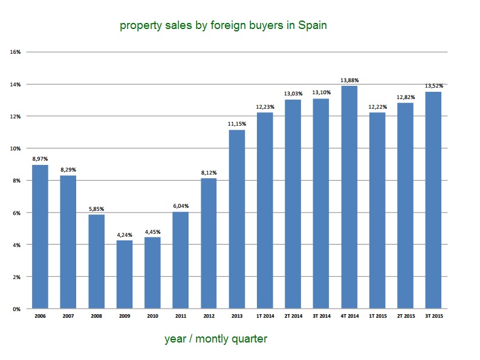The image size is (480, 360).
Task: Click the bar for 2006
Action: [x=40, y=237]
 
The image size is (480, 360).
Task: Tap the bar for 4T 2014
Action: [x=349, y=197]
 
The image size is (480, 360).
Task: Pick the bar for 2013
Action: [x=237, y=219]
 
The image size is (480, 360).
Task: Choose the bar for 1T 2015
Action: [x=377, y=210]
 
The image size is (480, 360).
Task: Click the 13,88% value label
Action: [x=349, y=80]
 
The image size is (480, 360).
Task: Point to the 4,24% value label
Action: [x=125, y=235]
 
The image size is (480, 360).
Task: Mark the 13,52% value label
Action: [x=433, y=86]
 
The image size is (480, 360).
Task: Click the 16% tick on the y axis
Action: [x=16, y=52]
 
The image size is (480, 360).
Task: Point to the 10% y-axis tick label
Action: [x=16, y=149]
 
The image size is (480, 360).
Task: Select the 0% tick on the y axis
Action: [x=17, y=309]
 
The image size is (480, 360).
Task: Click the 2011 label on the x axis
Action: [x=181, y=317]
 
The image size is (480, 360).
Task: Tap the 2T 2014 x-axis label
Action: [x=293, y=317]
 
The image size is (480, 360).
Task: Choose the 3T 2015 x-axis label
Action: [x=433, y=317]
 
